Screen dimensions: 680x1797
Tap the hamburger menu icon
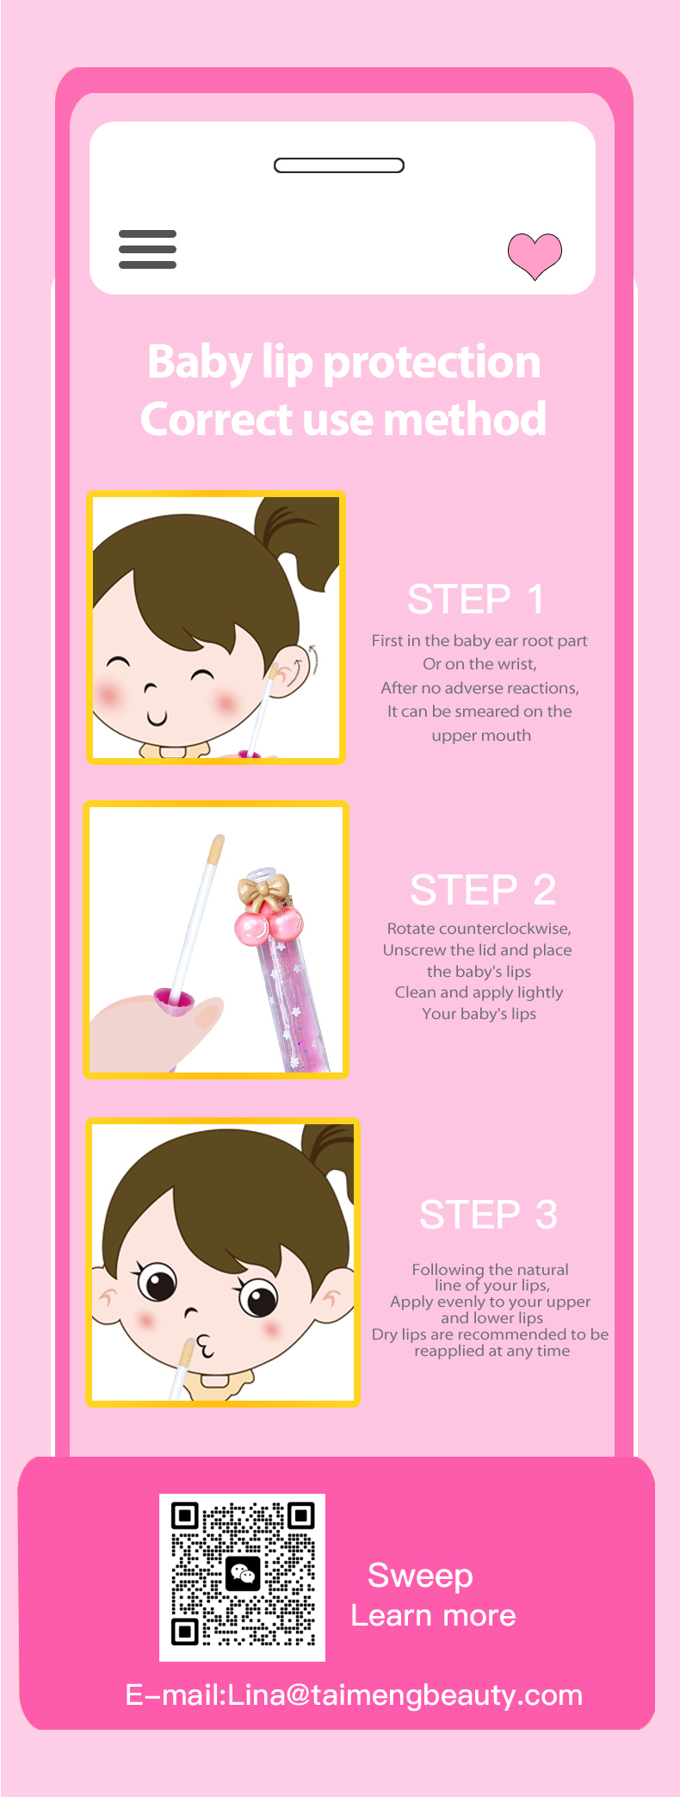pos(147,249)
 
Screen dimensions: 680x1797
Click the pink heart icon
pos(535,256)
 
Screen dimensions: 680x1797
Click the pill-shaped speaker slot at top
pos(339,165)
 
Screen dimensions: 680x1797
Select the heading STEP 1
pos(476,600)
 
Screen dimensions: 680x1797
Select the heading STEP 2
pos(483,890)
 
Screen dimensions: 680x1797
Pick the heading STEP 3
pos(488,1216)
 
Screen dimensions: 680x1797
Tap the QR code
pos(242,1577)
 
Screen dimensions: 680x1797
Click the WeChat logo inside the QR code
pos(243,1575)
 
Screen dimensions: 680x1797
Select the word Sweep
pos(420,1576)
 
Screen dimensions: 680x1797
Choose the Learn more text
pos(433,1615)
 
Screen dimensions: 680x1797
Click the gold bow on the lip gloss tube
pos(263,891)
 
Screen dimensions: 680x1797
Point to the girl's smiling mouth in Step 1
pos(156,718)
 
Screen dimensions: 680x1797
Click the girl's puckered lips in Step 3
pos(205,1346)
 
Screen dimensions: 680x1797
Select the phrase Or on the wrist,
pos(479,664)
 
